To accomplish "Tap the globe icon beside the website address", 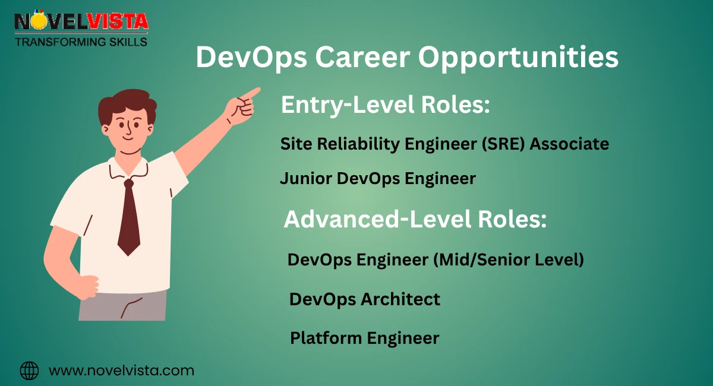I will click(x=29, y=371).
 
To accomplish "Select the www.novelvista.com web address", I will click(x=121, y=371).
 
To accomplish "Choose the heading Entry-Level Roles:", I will click(x=385, y=105).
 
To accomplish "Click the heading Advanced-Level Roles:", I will click(x=415, y=220).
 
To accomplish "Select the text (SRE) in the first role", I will click(x=497, y=144).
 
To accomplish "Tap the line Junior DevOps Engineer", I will click(x=377, y=178).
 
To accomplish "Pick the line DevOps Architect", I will click(x=364, y=299).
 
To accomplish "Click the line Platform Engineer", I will click(x=364, y=338).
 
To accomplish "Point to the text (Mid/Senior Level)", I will click(x=510, y=260).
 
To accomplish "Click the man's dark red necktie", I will click(x=128, y=220).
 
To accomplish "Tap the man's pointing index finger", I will click(x=252, y=93).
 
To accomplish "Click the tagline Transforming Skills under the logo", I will click(x=81, y=42).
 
